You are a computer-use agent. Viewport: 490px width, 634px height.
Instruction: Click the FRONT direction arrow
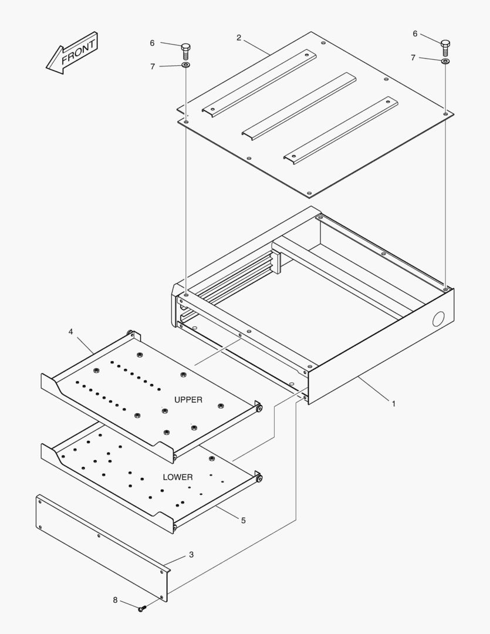point(72,53)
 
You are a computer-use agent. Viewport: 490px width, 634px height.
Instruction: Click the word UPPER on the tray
point(188,400)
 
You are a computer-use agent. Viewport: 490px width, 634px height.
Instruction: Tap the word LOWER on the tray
point(178,477)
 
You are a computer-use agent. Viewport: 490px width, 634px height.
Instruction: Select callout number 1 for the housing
point(393,404)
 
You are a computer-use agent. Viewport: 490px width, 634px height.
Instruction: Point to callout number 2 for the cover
point(239,38)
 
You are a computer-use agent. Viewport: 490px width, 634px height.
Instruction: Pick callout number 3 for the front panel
point(191,554)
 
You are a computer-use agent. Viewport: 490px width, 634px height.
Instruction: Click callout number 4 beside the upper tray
point(71,332)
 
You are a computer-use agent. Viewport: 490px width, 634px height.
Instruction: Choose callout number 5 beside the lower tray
point(243,520)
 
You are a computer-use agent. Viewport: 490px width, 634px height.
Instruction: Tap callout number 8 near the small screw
point(115,600)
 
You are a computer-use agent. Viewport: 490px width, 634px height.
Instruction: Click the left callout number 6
point(152,43)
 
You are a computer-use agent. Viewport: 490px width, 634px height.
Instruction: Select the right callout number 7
point(413,58)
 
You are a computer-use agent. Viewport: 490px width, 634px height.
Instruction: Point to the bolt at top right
point(445,48)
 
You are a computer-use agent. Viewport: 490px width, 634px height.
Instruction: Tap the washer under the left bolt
point(186,65)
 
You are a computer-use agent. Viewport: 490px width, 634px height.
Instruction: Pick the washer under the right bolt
point(445,61)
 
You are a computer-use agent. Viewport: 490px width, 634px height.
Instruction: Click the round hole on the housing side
point(438,319)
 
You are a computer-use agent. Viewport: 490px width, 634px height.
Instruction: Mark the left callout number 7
point(153,66)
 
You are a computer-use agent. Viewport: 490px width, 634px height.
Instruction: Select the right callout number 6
point(415,33)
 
